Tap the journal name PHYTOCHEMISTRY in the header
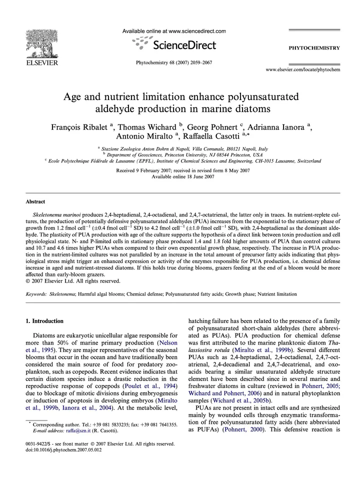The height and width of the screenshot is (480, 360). tap(314, 48)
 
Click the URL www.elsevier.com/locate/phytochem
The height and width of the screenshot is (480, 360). tap(302, 69)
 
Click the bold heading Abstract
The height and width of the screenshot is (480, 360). tap(35, 202)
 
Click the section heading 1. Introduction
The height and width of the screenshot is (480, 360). tap(44, 320)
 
